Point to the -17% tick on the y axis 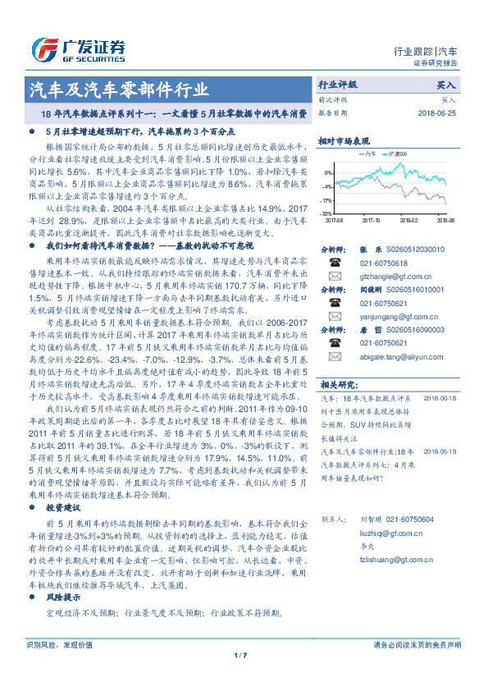click(327, 200)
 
